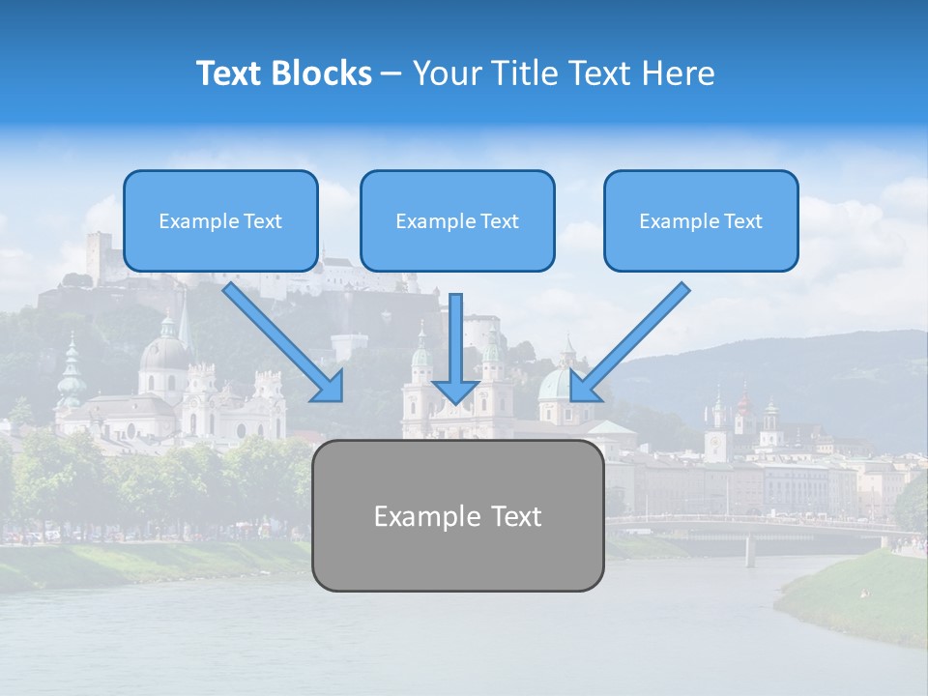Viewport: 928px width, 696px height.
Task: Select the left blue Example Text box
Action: (220, 220)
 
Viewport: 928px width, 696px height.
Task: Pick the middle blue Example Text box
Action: (457, 220)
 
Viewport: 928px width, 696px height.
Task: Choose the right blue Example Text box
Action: (701, 220)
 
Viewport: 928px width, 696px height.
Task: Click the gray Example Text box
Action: (457, 515)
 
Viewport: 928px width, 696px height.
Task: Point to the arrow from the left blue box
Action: (282, 341)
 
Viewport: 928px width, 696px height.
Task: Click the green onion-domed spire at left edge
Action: (71, 372)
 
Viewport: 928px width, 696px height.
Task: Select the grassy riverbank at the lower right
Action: (855, 594)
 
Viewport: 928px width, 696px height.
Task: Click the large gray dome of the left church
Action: (164, 355)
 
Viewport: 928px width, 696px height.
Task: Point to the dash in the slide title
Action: (391, 74)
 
